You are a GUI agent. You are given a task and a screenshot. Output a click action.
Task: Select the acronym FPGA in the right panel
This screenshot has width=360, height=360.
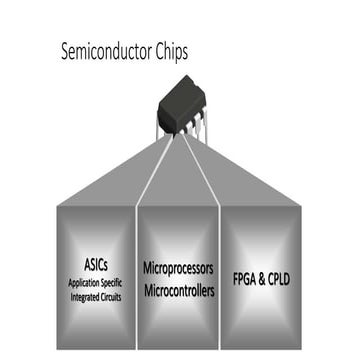247,278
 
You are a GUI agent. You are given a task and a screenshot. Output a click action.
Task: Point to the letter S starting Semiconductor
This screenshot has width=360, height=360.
65,48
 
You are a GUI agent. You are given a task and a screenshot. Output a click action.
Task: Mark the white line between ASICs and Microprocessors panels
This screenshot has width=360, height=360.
134,270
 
